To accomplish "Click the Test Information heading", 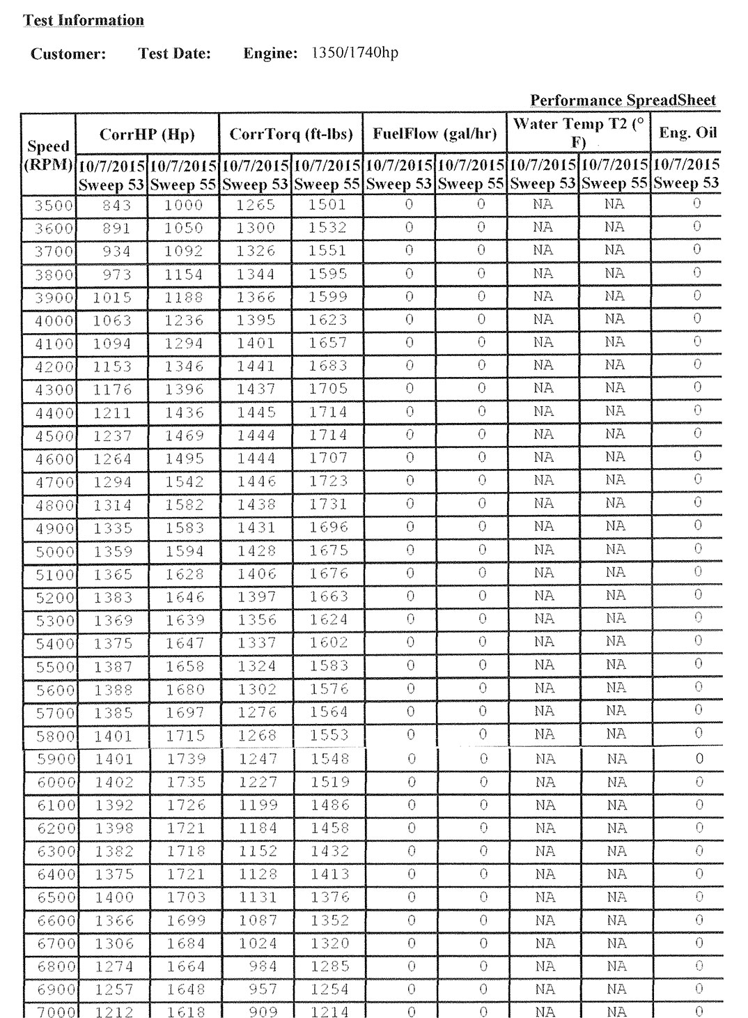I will (84, 20).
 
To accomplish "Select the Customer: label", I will (68, 54).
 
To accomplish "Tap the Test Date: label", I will (174, 54).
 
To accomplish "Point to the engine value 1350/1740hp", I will (354, 53).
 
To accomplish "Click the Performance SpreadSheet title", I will (623, 100).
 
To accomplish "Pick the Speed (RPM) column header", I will (49, 155).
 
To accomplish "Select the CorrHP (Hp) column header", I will (147, 134).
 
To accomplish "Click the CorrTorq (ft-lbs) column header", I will (290, 134).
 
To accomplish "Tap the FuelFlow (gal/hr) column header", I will (435, 134).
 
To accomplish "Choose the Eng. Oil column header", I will (687, 133).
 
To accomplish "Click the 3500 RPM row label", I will (54, 206).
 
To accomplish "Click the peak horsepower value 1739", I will (185, 759).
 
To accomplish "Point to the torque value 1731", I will (328, 504).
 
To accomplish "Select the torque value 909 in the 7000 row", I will (263, 1011).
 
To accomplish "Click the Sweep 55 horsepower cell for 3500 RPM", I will (184, 206).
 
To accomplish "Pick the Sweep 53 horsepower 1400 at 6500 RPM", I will (114, 897).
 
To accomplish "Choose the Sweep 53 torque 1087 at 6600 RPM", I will (258, 920).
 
